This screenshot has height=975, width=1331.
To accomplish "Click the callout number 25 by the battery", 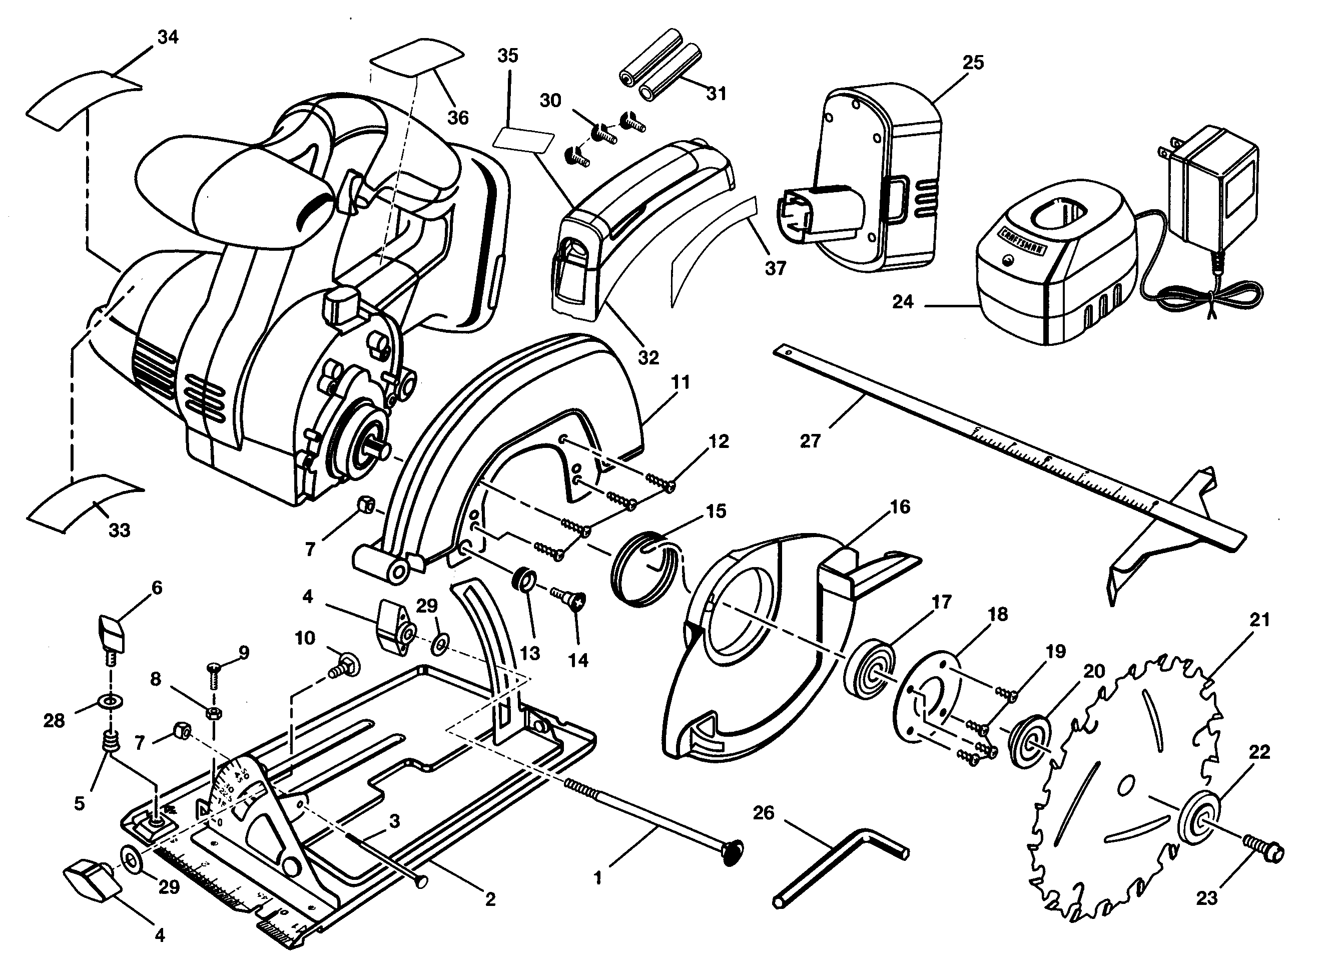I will tap(973, 63).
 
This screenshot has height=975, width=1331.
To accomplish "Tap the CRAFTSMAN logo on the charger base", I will tap(1022, 240).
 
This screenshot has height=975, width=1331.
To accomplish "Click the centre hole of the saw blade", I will tap(1125, 785).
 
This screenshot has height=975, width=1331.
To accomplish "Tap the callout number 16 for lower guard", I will tap(900, 507).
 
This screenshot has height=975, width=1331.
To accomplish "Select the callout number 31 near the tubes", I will tap(716, 94).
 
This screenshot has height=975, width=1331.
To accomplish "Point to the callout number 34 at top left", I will tap(168, 37).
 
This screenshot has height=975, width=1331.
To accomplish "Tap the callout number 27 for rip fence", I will tap(810, 441).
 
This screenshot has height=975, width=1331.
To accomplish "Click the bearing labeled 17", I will tap(869, 675).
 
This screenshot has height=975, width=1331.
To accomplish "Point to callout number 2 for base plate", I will tap(490, 899).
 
